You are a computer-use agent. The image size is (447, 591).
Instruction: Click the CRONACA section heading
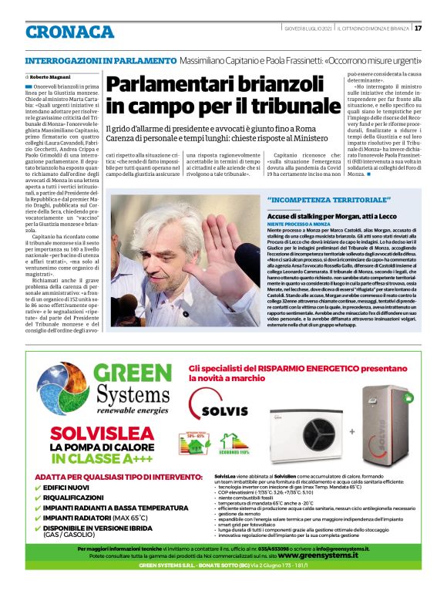(x=69, y=32)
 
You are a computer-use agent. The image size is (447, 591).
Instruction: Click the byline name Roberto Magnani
(x=52, y=78)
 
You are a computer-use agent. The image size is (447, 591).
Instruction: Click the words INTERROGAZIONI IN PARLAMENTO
(x=101, y=59)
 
